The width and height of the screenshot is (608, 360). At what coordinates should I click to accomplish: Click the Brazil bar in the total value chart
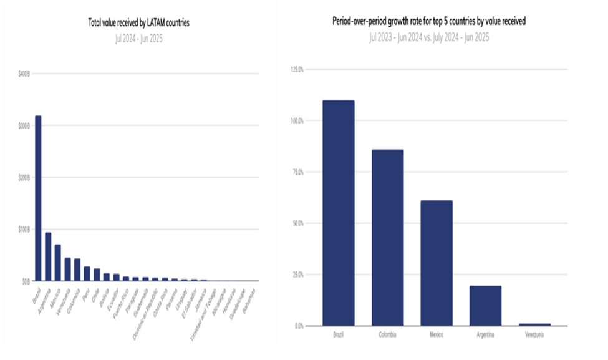click(x=38, y=198)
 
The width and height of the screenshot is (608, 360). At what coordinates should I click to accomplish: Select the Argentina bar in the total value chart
click(x=48, y=256)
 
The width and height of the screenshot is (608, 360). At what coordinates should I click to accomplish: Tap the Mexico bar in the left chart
click(x=57, y=263)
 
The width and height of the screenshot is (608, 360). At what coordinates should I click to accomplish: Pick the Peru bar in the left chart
click(x=87, y=274)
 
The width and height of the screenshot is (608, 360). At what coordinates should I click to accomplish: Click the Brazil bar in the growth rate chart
click(x=339, y=213)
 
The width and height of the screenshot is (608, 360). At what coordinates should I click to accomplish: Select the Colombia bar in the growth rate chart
click(x=387, y=238)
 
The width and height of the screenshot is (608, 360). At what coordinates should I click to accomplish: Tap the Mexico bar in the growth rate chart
click(x=436, y=263)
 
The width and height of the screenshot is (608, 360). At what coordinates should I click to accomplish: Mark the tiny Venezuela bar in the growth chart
click(x=534, y=324)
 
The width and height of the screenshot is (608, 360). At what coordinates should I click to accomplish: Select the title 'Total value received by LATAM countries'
click(x=138, y=23)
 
